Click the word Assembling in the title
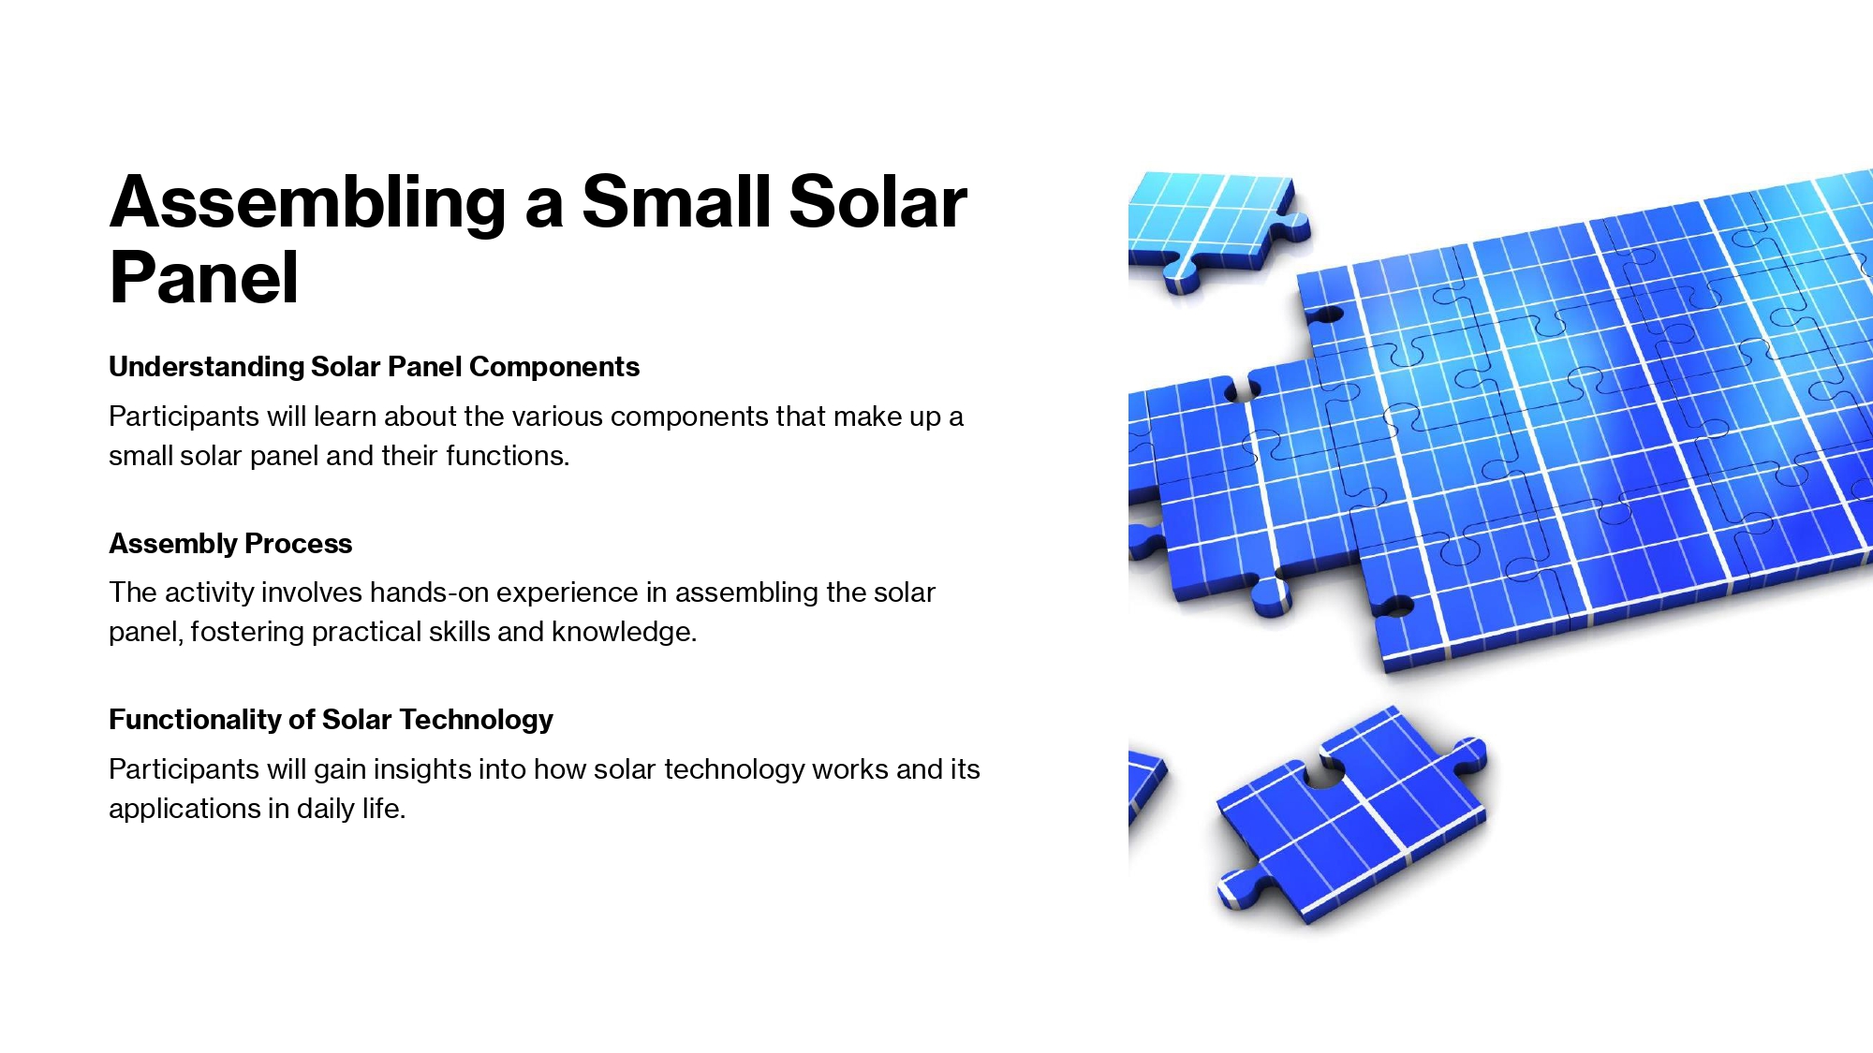coord(308,203)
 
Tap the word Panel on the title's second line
coord(204,278)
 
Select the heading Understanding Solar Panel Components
coord(374,367)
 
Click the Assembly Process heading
coord(230,544)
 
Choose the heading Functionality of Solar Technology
coord(331,720)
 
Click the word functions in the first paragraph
coord(508,456)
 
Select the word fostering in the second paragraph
coord(247,633)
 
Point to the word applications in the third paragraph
coord(184,810)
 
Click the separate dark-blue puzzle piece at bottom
coord(1351,815)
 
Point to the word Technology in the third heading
coord(476,720)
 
